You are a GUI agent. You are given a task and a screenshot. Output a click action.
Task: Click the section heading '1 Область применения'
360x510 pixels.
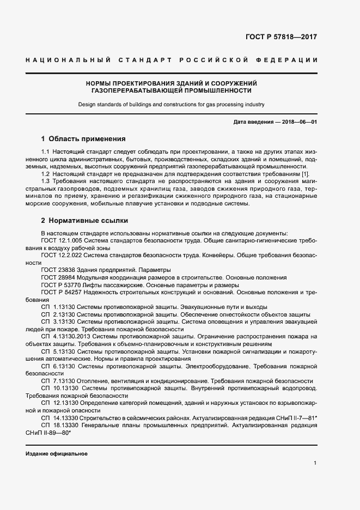pos(83,138)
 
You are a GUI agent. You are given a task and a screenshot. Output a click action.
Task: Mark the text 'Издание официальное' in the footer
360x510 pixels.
pos(57,454)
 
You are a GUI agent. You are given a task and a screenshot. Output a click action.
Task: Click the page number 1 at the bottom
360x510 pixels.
pos(315,463)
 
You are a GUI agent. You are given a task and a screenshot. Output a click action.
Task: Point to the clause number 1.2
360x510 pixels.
pos(46,173)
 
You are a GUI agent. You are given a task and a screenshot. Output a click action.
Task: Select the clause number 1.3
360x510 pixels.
pos(46,180)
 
